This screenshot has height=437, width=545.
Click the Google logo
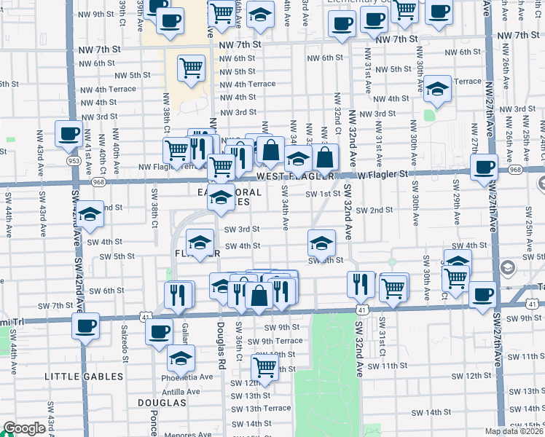point(23,429)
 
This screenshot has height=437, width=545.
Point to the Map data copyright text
point(513,431)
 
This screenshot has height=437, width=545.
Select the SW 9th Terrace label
point(275,341)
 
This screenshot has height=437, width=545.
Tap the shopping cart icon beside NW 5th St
point(191,68)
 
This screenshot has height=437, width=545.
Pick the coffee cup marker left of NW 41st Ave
point(68,133)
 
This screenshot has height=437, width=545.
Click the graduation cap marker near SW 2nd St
point(90,214)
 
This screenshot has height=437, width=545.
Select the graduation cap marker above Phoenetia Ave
point(181,358)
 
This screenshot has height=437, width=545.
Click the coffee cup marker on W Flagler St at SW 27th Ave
point(483,167)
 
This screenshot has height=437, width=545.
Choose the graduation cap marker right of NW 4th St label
point(437,89)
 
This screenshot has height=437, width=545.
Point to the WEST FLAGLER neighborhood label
point(294,176)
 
